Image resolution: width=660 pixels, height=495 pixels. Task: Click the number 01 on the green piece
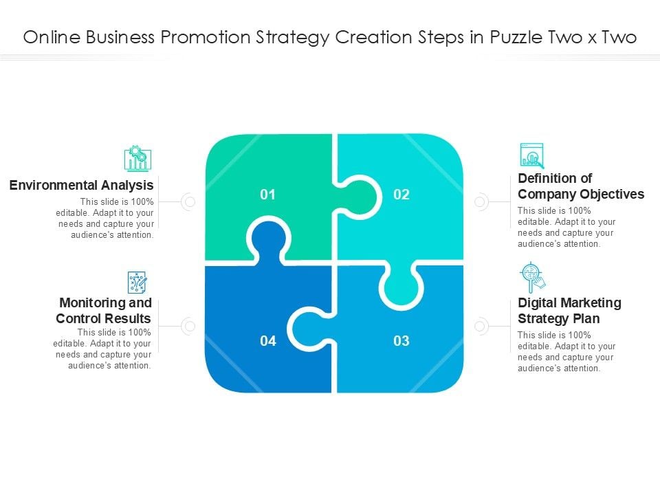pos(267,195)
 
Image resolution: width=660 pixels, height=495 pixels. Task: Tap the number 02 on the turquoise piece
pos(401,195)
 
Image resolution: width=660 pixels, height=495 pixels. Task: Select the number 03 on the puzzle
pos(401,340)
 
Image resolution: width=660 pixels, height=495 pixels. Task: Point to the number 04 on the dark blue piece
pos(268,340)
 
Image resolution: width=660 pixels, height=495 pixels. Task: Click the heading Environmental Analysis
pos(81,185)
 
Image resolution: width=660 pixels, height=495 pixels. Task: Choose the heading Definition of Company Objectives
pos(581,186)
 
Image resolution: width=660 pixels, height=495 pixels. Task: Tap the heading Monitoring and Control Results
pos(104,310)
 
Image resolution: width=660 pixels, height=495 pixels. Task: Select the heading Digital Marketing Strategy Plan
pos(569,310)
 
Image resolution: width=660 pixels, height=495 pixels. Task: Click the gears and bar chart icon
pos(137,158)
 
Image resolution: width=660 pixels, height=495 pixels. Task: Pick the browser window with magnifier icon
pos(532,156)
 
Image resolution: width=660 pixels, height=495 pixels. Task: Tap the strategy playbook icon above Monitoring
pos(137,283)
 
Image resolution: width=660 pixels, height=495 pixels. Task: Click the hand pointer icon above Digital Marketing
pos(532,278)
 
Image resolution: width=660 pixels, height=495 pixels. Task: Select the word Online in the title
pos(52,37)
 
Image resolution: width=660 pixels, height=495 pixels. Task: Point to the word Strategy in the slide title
pos(293,38)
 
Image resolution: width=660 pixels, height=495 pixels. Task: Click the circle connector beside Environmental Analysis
pos(188,202)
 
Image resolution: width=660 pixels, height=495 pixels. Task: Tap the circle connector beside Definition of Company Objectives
pos(481,202)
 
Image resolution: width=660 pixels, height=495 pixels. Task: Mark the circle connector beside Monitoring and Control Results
pos(188,326)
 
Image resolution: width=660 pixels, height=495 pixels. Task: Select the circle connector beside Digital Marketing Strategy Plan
pos(481,326)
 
